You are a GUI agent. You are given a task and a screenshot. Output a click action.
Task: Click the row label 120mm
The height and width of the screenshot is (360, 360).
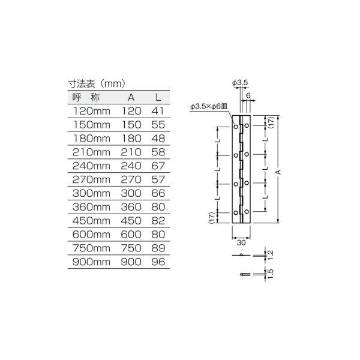[91, 111]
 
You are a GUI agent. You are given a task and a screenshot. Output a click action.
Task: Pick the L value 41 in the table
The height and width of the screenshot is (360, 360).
[157, 111]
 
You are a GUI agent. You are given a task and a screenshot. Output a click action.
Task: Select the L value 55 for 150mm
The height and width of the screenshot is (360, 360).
[157, 125]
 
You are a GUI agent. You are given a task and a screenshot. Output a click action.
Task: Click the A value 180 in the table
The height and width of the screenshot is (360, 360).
[131, 139]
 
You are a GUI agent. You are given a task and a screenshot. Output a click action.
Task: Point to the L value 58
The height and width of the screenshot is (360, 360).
[157, 152]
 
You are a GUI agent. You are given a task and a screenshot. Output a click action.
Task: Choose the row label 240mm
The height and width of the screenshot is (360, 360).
[91, 166]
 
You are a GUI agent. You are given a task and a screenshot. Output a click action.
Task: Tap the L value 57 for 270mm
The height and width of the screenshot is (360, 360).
[157, 180]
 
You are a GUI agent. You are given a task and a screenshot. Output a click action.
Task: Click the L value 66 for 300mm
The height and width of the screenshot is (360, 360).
[157, 194]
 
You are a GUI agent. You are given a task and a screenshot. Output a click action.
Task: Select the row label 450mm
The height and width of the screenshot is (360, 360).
[91, 221]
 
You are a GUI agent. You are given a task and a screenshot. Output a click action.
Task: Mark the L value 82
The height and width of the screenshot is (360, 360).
[157, 221]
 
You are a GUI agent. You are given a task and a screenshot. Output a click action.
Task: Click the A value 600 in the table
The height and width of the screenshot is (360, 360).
[131, 235]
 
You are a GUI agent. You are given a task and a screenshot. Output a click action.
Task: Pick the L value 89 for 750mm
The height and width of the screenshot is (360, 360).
[157, 249]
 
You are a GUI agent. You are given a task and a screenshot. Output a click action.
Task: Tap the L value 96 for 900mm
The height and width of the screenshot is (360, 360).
[157, 263]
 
